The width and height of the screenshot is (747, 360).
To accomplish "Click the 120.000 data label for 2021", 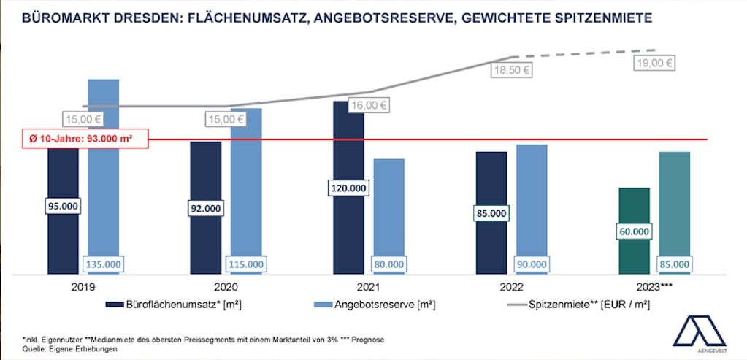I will pyautogui.click(x=348, y=188).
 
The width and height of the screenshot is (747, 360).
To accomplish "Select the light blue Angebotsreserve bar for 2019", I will pyautogui.click(x=103, y=168).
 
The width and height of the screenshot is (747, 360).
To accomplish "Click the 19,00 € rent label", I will pyautogui.click(x=654, y=63).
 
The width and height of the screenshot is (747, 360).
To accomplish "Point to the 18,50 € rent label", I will pyautogui.click(x=511, y=71).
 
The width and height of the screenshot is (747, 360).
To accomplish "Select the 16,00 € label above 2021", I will pyautogui.click(x=368, y=105).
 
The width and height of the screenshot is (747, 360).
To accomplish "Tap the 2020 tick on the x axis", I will pyautogui.click(x=226, y=288).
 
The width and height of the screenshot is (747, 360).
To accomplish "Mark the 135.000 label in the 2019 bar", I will pyautogui.click(x=103, y=264).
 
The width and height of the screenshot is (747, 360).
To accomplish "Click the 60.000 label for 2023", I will pyautogui.click(x=634, y=231).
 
